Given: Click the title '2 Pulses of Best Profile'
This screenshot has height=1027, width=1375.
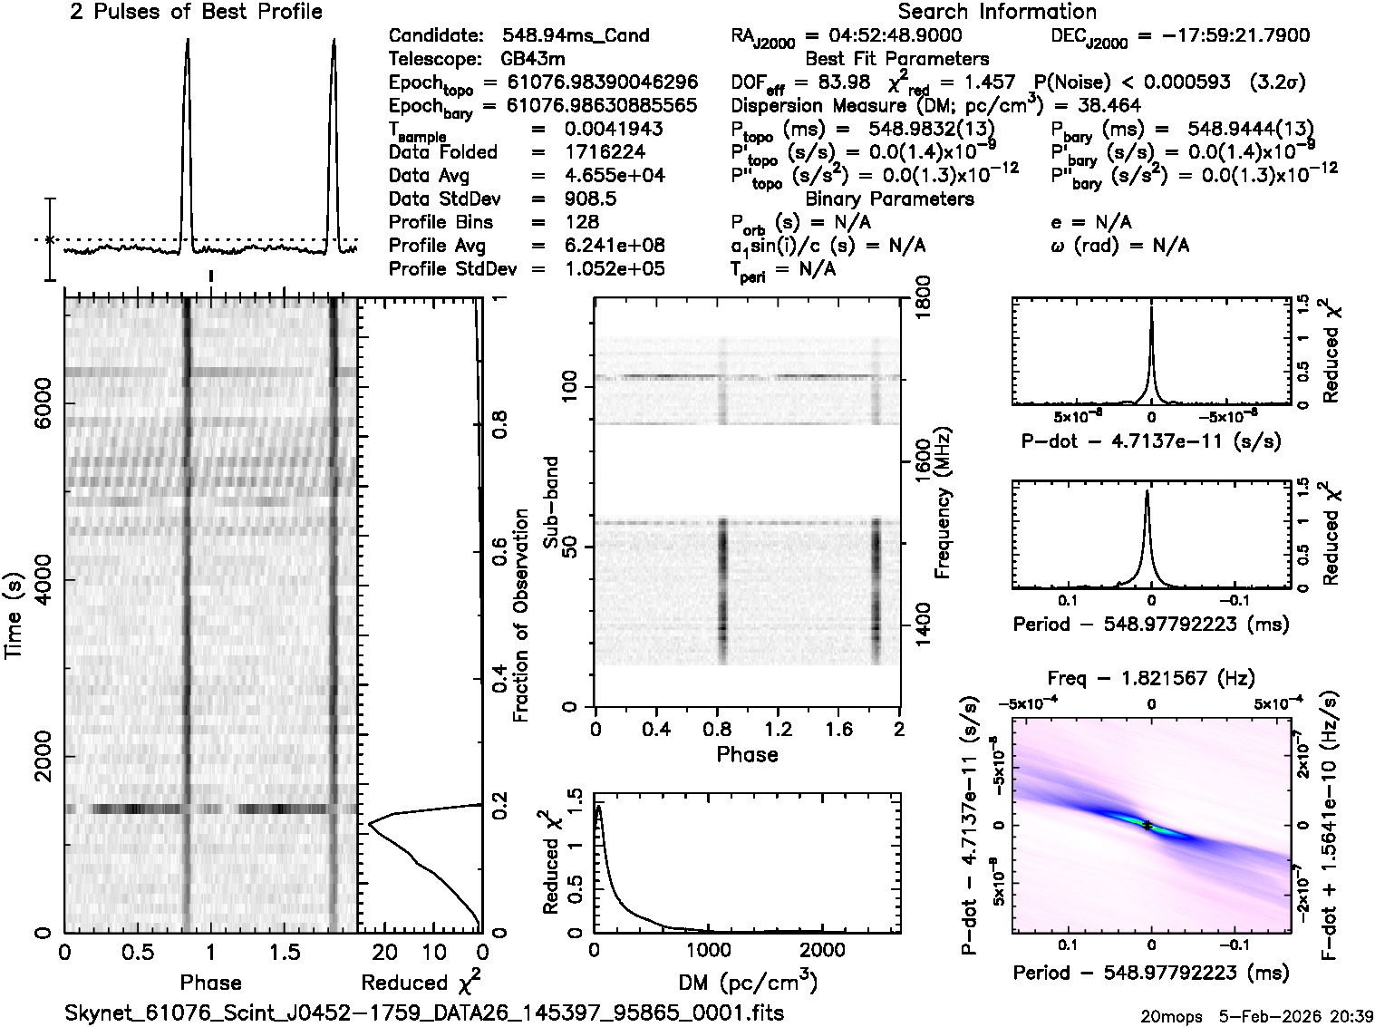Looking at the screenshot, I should tap(196, 12).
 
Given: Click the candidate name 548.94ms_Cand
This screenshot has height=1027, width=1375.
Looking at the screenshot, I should tap(576, 35).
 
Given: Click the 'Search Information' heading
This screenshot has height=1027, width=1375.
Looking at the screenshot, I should tap(996, 12).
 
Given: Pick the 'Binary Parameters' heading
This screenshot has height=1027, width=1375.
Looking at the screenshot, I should tap(889, 199).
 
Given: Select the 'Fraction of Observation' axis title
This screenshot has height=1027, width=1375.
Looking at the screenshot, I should tap(520, 615).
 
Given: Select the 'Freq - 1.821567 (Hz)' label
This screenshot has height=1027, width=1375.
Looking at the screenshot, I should tap(1151, 678).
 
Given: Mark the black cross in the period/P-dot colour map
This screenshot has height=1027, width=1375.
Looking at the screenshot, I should tap(1147, 825).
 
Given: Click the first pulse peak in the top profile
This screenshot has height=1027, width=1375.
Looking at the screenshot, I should tap(187, 41).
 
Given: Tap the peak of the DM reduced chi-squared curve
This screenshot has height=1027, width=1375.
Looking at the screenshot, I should tap(598, 806).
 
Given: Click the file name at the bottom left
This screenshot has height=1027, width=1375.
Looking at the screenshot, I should tap(424, 1012).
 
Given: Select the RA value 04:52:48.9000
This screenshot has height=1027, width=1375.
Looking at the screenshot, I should tap(883, 35).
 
